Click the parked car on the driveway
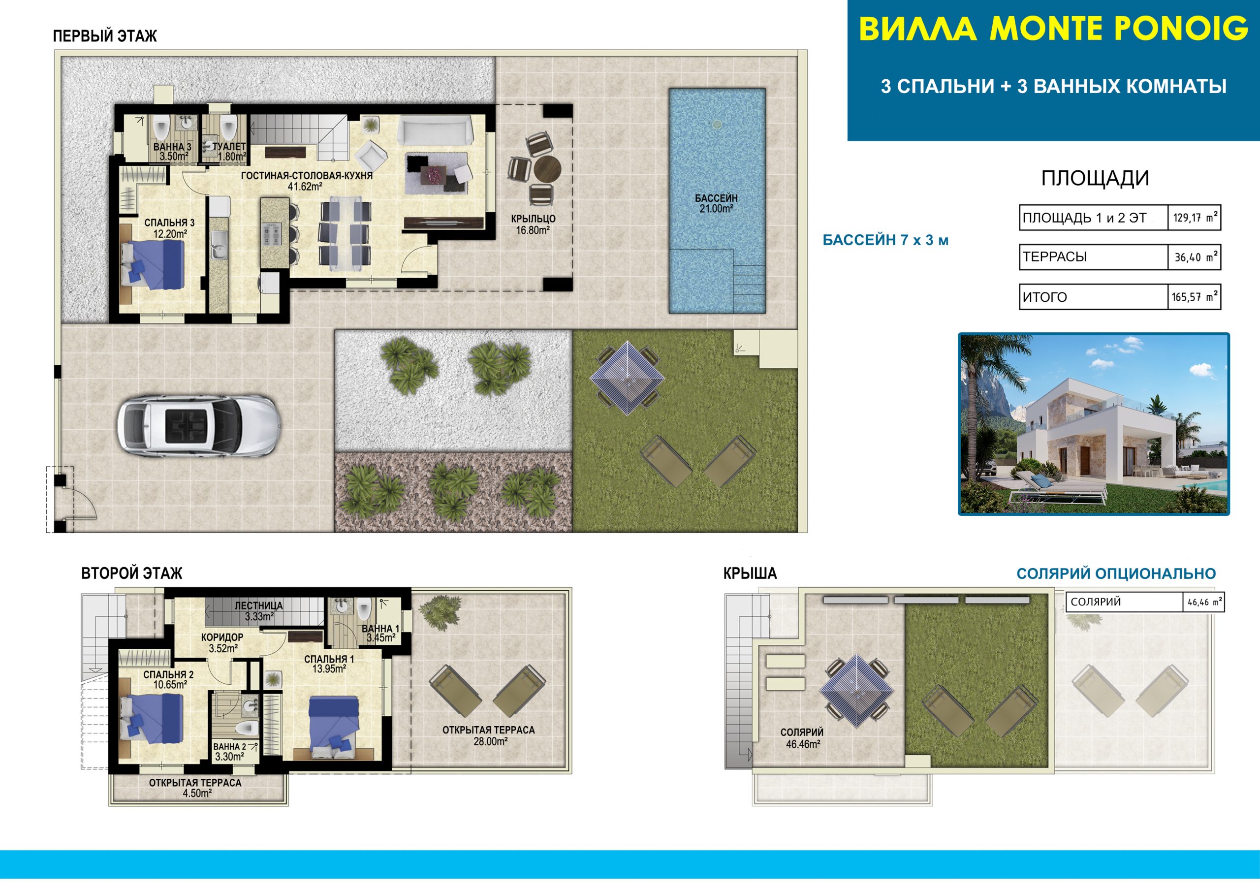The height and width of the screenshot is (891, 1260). (199, 425)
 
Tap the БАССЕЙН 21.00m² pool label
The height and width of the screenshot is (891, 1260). (716, 203)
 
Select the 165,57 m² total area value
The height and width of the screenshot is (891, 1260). (1195, 297)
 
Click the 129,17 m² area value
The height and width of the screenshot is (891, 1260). (1195, 218)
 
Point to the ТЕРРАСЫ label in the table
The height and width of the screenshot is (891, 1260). (1055, 256)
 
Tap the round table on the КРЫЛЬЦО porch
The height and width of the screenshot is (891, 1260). (547, 168)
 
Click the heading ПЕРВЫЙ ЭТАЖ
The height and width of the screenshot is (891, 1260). (105, 36)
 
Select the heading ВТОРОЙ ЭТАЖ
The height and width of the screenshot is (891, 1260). (132, 573)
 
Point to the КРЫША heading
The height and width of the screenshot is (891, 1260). (750, 573)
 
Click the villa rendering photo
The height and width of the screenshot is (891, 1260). (1094, 424)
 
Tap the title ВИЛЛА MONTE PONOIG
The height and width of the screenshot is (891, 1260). (1053, 29)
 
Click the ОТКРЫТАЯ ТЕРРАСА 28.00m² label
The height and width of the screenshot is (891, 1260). (488, 735)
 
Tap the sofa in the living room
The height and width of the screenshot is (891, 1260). (435, 129)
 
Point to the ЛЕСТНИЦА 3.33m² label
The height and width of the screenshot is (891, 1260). (259, 611)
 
